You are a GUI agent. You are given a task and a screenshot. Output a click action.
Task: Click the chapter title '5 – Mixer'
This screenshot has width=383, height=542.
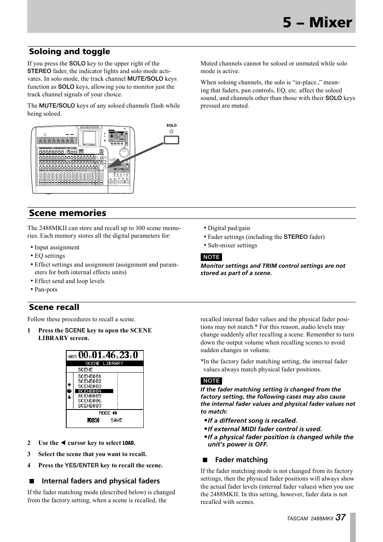(317, 22)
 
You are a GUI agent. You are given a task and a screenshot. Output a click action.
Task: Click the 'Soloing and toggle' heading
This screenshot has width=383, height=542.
(69, 51)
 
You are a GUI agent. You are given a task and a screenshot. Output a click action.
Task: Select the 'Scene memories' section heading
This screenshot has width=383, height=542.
(67, 213)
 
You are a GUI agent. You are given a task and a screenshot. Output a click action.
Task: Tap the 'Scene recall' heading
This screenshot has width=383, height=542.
(54, 307)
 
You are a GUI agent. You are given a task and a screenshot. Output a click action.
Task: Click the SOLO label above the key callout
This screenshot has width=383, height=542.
(171, 125)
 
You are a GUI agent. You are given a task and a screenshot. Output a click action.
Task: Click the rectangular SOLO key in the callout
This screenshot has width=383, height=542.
(171, 140)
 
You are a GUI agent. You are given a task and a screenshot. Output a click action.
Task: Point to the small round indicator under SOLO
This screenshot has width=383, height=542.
(171, 131)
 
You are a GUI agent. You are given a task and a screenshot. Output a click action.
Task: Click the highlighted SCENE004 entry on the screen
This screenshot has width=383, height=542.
(90, 391)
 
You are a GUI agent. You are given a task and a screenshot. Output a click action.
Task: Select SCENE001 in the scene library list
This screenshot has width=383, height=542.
(90, 377)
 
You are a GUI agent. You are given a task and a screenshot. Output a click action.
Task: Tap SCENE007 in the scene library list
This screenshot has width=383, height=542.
(90, 405)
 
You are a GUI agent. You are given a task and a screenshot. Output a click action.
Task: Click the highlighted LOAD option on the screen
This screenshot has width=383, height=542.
(93, 420)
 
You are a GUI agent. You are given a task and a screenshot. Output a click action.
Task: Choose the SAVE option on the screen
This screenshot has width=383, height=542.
(116, 420)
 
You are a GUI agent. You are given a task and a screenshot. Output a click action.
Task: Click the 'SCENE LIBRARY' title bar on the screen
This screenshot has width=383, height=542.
(104, 363)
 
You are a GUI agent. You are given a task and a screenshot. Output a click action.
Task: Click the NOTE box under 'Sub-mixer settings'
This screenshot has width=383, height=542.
(211, 257)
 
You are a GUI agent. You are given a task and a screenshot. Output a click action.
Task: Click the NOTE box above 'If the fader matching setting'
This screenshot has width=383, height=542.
(211, 381)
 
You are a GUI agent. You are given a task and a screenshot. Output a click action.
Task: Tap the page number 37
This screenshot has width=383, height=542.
(340, 518)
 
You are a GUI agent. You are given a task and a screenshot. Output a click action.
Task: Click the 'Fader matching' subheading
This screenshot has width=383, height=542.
(241, 460)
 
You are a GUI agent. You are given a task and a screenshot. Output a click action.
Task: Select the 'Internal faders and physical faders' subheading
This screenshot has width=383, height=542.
(100, 481)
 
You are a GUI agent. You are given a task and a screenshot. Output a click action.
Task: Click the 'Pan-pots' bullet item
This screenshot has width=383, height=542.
(46, 289)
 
